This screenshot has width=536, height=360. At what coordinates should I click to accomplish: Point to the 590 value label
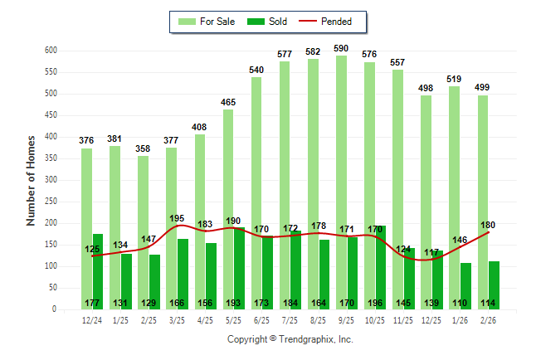point(340,49)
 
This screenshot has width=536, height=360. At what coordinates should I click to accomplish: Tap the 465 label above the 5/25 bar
point(227,103)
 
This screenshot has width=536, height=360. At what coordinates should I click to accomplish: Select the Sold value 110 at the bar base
point(466,303)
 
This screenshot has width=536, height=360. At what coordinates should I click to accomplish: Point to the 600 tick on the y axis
point(51,51)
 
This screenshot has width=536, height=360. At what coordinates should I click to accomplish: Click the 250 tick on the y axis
point(51,180)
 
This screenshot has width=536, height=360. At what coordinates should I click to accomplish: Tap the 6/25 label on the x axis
point(261,320)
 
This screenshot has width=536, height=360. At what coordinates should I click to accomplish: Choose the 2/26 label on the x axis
point(488,320)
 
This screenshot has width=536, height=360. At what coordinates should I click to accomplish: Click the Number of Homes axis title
point(31,180)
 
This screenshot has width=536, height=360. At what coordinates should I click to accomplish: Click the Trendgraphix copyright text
point(290,339)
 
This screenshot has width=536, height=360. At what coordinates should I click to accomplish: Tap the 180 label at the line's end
point(488,225)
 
